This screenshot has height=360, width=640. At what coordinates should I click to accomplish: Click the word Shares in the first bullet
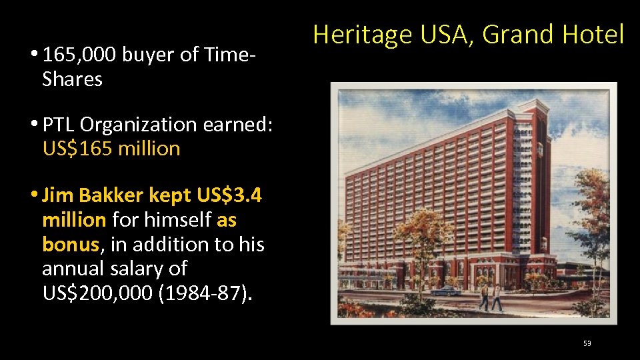point(72,79)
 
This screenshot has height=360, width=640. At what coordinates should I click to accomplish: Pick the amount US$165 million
point(111,148)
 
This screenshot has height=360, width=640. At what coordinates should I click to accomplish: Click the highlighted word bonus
point(71,245)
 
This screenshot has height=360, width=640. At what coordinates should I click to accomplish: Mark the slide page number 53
point(587,343)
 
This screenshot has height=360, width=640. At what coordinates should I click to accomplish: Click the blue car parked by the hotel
point(445,291)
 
